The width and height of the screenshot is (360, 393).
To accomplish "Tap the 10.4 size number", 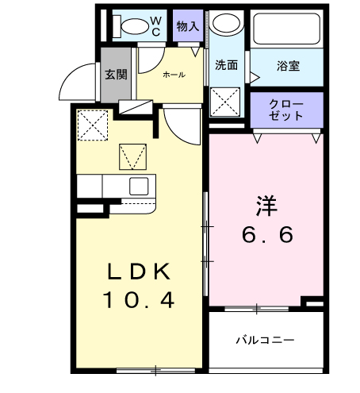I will [x=138, y=301].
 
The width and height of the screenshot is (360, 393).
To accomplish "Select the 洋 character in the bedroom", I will [x=266, y=205].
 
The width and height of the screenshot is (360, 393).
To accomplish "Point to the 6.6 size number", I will [x=267, y=235].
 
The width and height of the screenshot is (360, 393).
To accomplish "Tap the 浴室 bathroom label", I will [x=287, y=66].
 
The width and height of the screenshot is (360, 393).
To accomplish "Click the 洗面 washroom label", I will [x=227, y=66].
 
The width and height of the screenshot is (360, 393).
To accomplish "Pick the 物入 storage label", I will [x=188, y=26].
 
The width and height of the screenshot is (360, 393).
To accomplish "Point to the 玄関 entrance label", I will [x=116, y=75].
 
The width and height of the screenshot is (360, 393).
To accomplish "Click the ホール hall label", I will [x=174, y=75].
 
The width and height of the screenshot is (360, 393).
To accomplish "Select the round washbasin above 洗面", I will [x=228, y=25].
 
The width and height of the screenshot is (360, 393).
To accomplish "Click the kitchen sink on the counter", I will [x=139, y=187].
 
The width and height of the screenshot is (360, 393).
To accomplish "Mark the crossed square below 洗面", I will [x=226, y=102].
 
